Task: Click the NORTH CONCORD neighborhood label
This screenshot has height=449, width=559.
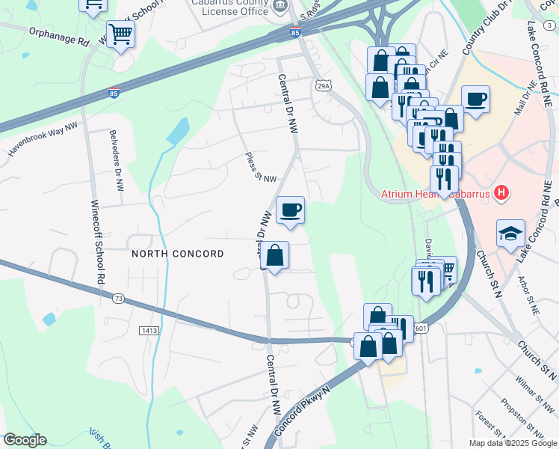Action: [x=178, y=254]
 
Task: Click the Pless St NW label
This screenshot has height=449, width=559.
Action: [x=261, y=168]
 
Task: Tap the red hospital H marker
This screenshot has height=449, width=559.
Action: [x=502, y=194]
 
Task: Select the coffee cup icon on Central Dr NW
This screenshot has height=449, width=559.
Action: [x=290, y=210]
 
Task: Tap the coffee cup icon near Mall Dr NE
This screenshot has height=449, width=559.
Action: [x=475, y=99]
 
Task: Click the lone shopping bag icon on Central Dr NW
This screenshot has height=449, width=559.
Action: [x=275, y=256]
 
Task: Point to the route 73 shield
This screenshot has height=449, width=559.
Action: [x=119, y=299]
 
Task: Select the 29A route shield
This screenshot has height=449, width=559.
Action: [x=323, y=86]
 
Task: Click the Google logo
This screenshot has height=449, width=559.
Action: [x=25, y=440]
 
